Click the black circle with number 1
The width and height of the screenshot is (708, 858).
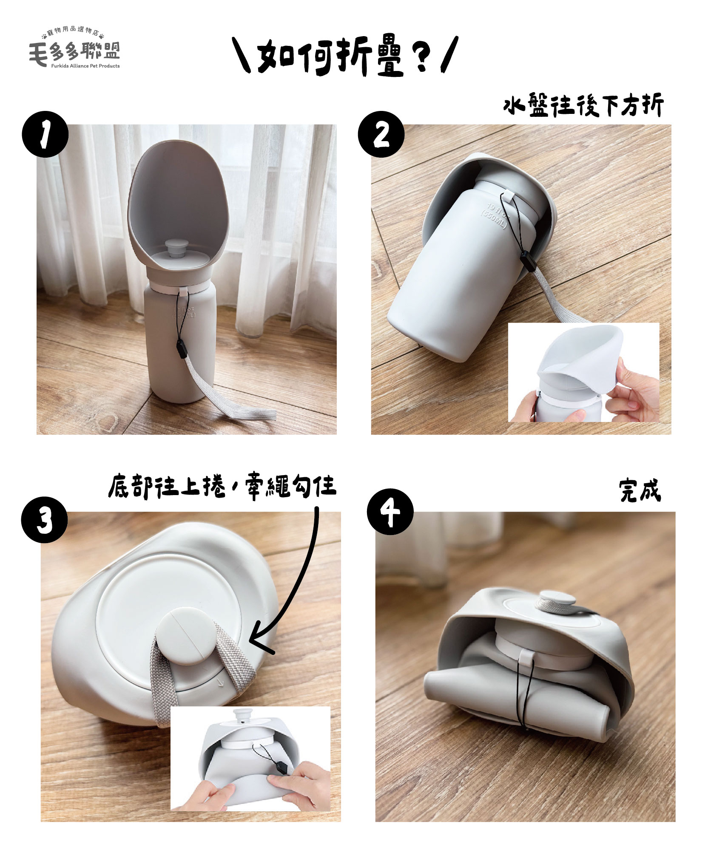[x=45, y=134]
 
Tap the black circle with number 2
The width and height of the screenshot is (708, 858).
[x=381, y=134]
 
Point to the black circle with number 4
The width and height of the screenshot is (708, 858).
[x=390, y=512]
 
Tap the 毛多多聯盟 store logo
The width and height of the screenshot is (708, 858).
[x=74, y=49]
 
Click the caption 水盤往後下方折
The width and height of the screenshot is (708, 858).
[x=583, y=106]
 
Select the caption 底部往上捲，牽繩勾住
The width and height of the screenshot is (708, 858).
[x=222, y=486]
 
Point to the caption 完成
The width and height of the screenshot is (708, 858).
[x=640, y=491]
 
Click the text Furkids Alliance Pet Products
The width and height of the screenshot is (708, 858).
[x=85, y=66]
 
